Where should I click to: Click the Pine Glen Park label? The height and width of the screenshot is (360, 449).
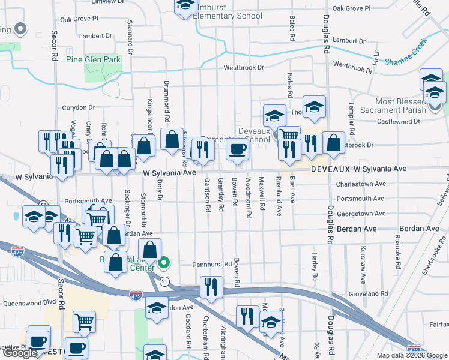tap(93, 59)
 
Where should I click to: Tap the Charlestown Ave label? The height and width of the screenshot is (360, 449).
tap(361, 184)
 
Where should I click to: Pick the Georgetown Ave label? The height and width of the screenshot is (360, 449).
tap(361, 213)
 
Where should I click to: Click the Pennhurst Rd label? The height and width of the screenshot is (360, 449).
tap(212, 264)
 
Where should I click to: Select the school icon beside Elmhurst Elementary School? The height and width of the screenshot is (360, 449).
tap(186, 6)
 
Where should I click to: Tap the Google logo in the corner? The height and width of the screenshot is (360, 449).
tap(20, 353)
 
